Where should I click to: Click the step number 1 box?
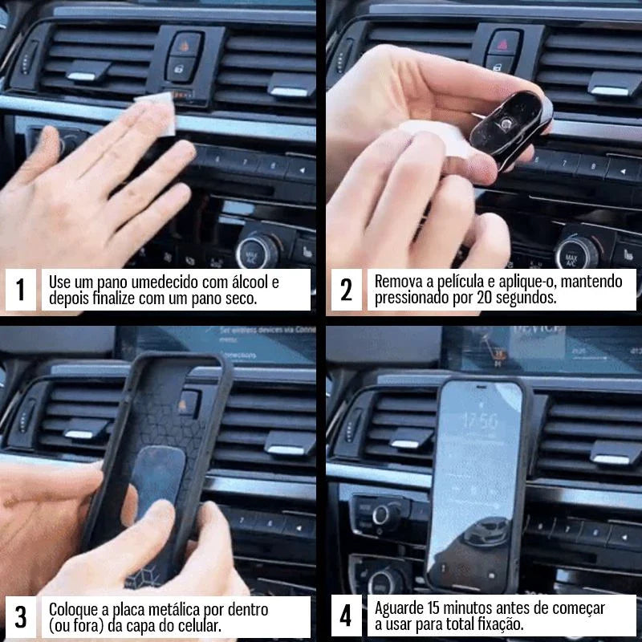tap(21, 290)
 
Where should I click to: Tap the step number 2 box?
tap(346, 290)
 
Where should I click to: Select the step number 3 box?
tap(21, 616)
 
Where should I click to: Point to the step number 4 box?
tap(346, 616)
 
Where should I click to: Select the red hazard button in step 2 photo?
tap(504, 40)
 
